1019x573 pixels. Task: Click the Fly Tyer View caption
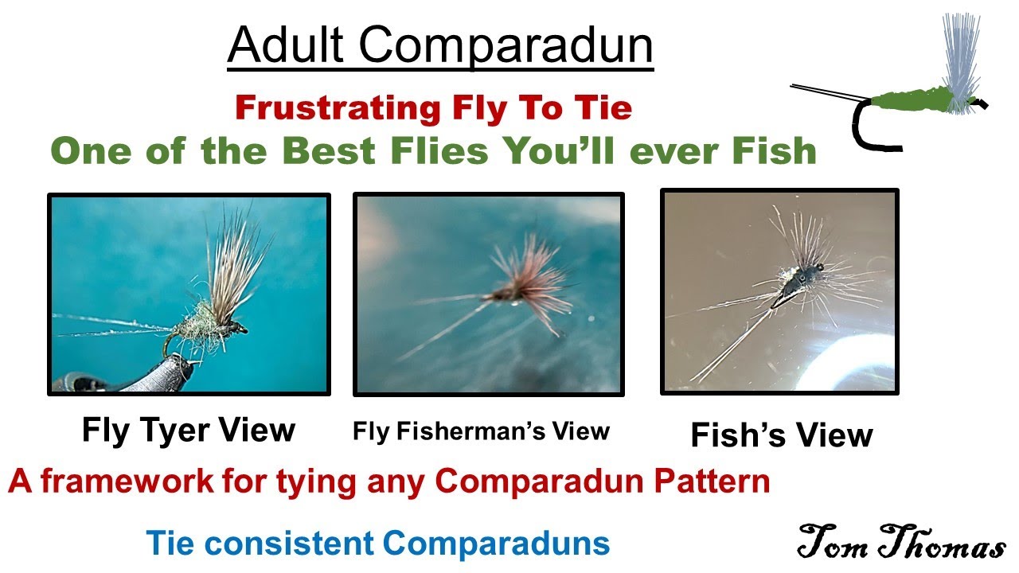click(x=189, y=430)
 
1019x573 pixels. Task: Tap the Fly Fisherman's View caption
click(x=481, y=431)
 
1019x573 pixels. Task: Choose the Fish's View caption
click(x=781, y=435)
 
